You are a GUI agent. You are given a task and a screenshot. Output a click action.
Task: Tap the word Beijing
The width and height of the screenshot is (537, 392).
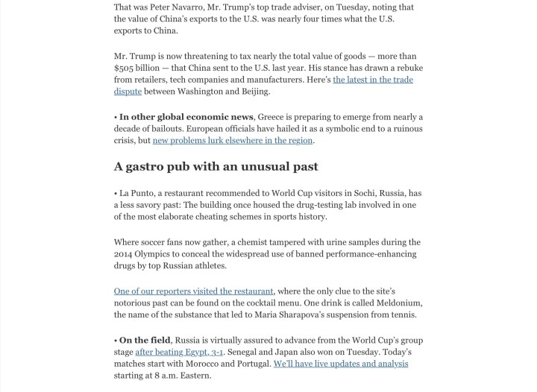251,91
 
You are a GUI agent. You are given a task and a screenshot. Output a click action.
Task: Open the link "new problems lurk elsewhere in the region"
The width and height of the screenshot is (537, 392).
233,140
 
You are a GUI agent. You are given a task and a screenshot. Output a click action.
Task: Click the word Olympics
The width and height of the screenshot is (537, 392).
158,253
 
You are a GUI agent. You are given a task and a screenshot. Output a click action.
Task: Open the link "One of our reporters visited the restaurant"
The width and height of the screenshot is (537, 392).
194,291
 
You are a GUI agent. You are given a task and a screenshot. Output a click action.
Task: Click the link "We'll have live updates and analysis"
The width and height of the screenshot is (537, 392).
341,364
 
